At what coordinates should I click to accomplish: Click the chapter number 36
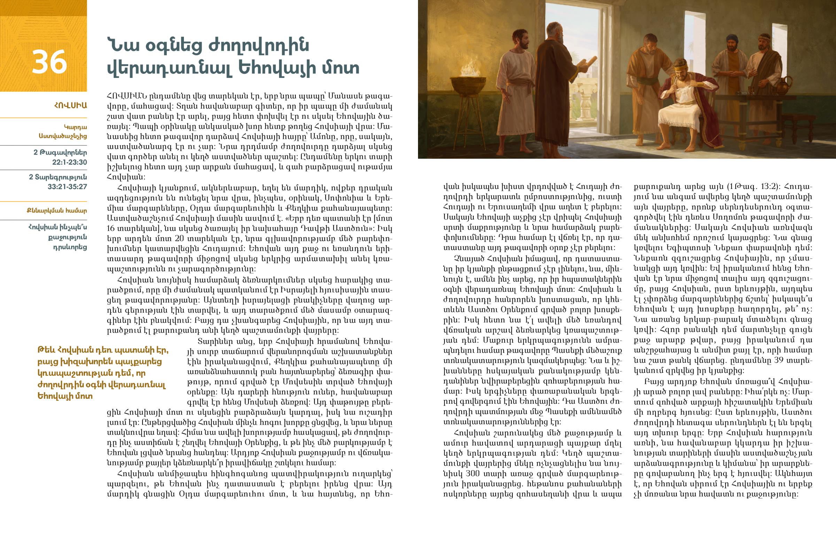point(49,62)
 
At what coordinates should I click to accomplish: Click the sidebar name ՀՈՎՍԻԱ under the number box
point(70,105)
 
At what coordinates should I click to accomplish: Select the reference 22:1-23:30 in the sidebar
point(69,162)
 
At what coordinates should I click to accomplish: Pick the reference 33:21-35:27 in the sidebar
point(67,187)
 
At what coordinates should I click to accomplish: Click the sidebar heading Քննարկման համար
point(56,211)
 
